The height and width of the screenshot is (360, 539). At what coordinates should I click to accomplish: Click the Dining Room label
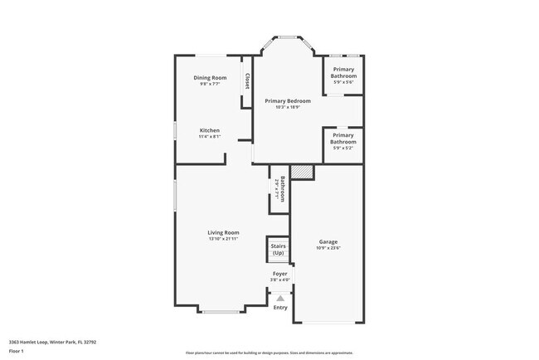click(210, 78)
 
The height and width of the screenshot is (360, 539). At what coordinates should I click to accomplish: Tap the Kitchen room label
click(210, 131)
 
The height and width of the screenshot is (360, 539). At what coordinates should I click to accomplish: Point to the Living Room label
click(223, 232)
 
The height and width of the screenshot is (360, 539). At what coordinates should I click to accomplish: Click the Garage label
click(328, 242)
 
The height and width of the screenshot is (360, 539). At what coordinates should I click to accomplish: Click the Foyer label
click(280, 274)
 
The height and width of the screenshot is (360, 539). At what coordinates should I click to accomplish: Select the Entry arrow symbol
click(280, 297)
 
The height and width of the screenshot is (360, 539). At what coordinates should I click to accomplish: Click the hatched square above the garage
click(303, 171)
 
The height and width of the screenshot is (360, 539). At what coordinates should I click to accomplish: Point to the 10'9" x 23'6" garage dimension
click(328, 248)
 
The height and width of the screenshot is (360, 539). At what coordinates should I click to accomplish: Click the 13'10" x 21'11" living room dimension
click(223, 239)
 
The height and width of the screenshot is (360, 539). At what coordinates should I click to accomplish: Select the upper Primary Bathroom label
click(343, 73)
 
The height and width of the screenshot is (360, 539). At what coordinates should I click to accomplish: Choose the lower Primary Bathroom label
click(343, 139)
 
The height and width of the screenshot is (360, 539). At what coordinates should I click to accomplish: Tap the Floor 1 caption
click(17, 351)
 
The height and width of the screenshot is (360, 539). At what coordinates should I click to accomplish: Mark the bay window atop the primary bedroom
click(288, 37)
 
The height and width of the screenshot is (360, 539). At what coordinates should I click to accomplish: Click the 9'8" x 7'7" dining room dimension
click(210, 84)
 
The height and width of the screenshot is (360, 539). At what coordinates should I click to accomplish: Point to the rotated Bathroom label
click(282, 189)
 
